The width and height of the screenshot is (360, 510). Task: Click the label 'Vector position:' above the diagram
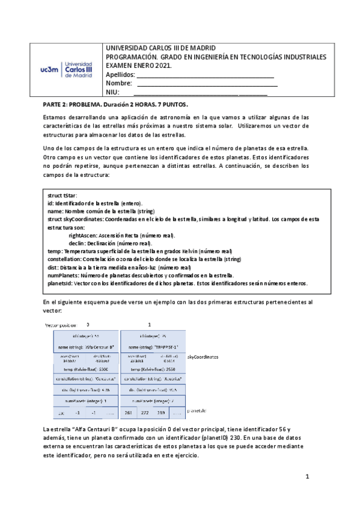tap(62, 325)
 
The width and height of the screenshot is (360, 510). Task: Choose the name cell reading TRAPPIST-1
tap(153, 347)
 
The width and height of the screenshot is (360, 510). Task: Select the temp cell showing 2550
tap(153, 369)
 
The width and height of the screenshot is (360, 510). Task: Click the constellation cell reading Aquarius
tap(153, 379)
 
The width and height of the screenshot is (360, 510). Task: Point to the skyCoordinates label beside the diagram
tap(203, 357)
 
